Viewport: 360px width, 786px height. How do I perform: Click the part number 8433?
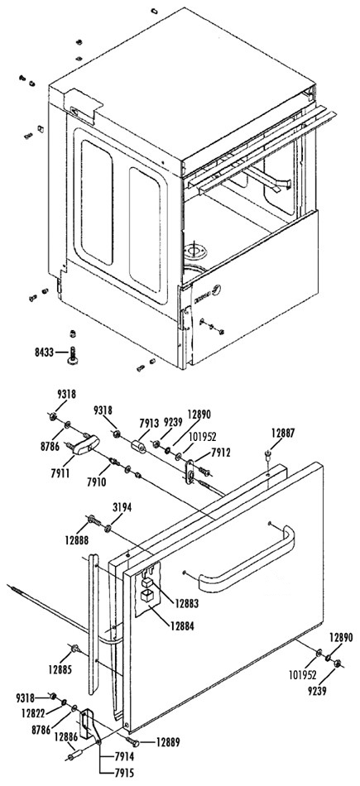tap(44, 353)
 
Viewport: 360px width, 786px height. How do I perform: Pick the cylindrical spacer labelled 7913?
tap(138, 446)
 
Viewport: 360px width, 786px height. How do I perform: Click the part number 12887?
tap(283, 433)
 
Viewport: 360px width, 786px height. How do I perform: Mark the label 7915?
tap(124, 772)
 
